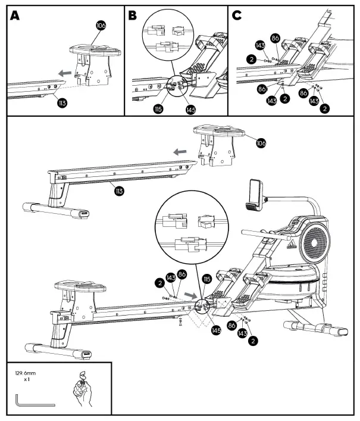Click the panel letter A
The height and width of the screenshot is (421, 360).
(15, 15)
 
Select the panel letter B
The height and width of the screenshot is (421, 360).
(133, 15)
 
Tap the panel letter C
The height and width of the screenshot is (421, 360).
(237, 15)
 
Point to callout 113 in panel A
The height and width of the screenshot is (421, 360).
(61, 103)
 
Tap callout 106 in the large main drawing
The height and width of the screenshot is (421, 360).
(260, 143)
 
